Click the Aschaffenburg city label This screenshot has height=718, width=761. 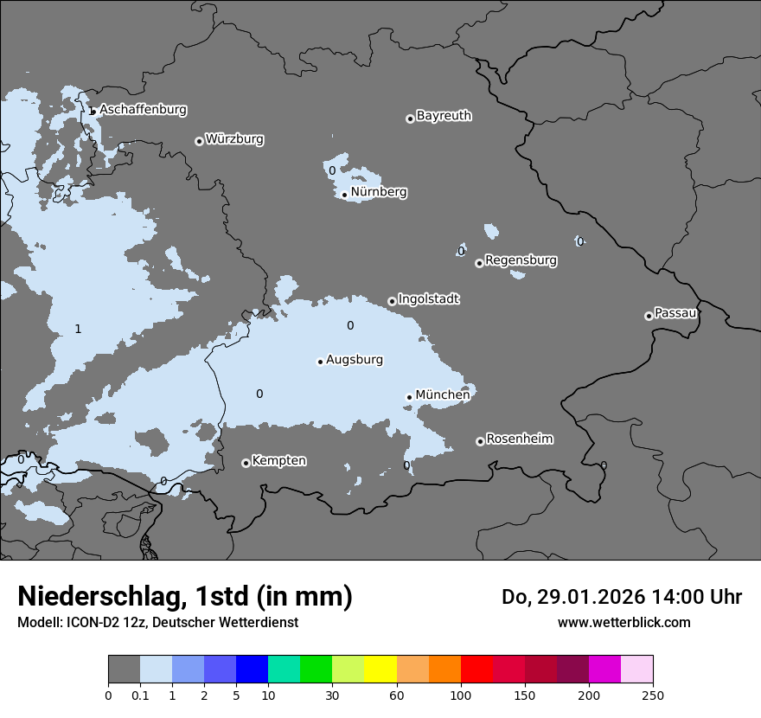click(x=143, y=110)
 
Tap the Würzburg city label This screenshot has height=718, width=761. click(x=234, y=139)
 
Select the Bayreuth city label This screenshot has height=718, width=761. click(x=444, y=116)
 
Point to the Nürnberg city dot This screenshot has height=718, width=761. click(x=344, y=195)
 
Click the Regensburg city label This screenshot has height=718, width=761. click(x=521, y=260)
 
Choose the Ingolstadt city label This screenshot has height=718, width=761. click(x=428, y=299)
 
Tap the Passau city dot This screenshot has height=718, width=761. click(x=649, y=316)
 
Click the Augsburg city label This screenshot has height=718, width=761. click(x=355, y=360)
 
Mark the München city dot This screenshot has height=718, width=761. click(x=409, y=398)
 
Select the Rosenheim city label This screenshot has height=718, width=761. click(x=519, y=439)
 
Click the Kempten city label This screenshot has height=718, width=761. click(x=278, y=461)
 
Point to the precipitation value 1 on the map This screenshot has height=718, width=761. click(x=78, y=329)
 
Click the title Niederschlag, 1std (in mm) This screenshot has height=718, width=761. click(x=185, y=596)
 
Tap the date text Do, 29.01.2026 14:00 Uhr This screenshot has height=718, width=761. click(x=621, y=597)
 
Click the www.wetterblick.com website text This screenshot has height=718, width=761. click(x=624, y=622)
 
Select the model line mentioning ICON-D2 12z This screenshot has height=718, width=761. click(x=157, y=622)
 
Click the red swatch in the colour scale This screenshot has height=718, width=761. click(x=476, y=670)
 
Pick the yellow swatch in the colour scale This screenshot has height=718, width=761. click(x=380, y=670)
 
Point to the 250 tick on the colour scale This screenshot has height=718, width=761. click(x=653, y=695)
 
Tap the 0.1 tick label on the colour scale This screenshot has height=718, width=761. click(x=140, y=695)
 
